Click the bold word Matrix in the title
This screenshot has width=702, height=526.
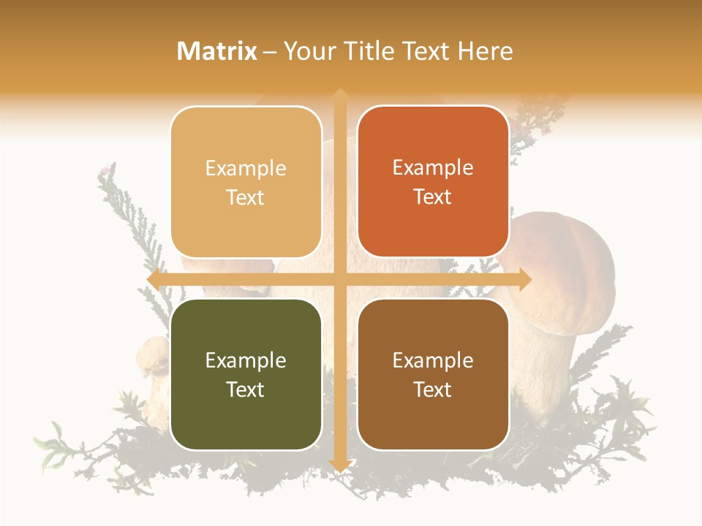(x=217, y=51)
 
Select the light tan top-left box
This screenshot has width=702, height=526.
(x=246, y=182)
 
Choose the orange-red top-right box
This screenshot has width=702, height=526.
(x=433, y=182)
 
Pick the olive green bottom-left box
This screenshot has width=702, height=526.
(x=246, y=374)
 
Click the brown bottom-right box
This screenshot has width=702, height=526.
(x=433, y=374)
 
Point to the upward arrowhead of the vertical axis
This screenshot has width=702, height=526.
(x=339, y=95)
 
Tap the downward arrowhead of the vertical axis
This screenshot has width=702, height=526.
(x=339, y=465)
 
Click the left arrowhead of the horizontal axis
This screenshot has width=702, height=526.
(x=153, y=280)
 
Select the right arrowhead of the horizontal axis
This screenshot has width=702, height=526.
(x=525, y=280)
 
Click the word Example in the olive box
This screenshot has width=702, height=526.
(x=246, y=360)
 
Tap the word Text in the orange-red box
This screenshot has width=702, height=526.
(x=433, y=197)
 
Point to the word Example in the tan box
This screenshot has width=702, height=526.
(x=246, y=168)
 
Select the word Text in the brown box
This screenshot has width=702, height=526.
(x=433, y=389)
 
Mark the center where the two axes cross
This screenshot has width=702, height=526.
(x=339, y=280)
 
